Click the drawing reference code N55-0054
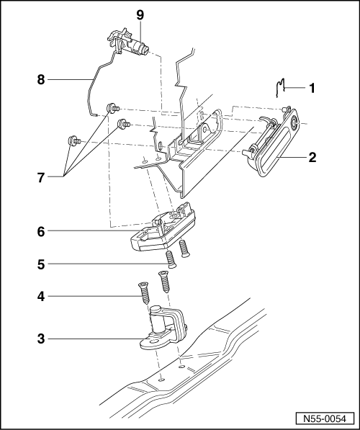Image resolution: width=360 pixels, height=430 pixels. (323, 418)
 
